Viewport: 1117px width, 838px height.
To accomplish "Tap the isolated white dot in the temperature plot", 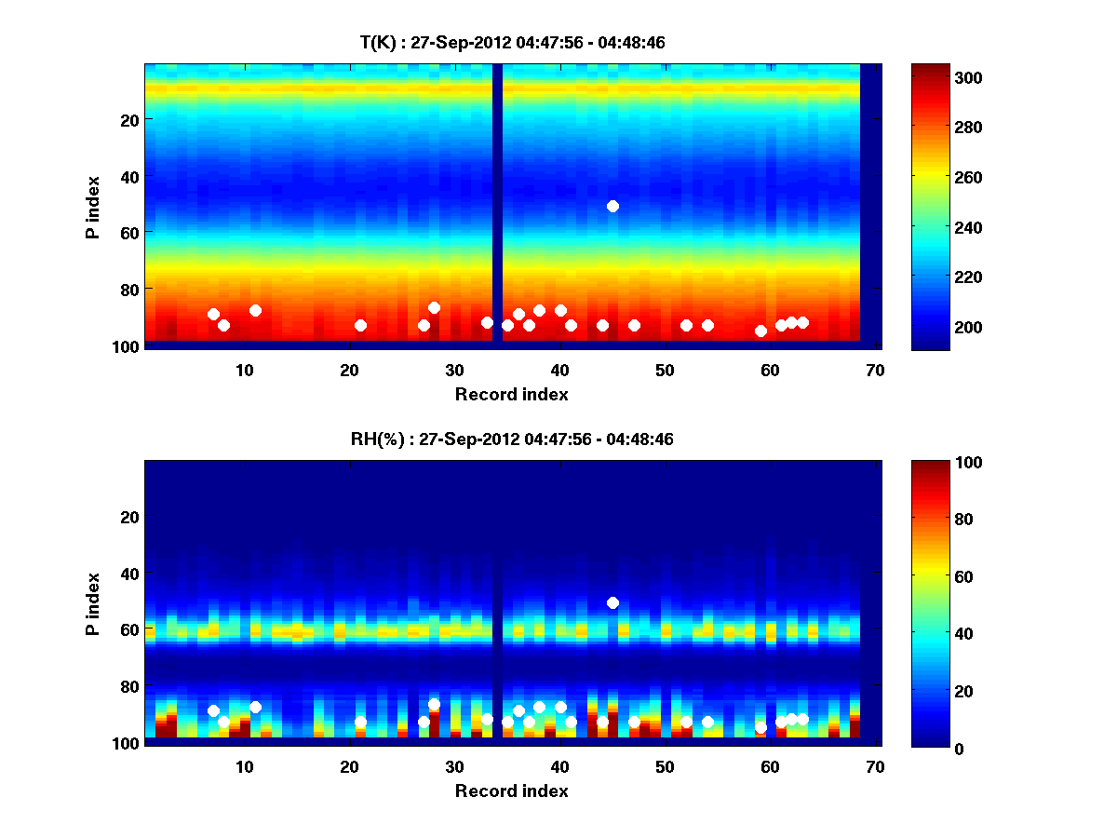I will (x=612, y=206).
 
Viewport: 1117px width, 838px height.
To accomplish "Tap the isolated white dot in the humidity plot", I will (x=612, y=602).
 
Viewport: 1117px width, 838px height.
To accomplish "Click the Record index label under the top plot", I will (x=511, y=394).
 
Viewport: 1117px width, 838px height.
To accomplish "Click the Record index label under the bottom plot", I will (x=511, y=791).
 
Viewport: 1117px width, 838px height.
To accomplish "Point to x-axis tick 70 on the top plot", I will (x=875, y=370).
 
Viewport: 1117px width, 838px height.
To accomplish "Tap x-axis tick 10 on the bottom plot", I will (x=244, y=766).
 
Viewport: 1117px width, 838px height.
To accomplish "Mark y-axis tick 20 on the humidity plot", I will (x=128, y=517).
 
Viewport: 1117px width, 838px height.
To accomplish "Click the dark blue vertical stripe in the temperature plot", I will (x=497, y=205).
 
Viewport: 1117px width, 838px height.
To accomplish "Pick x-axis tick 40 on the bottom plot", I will (x=559, y=766).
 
